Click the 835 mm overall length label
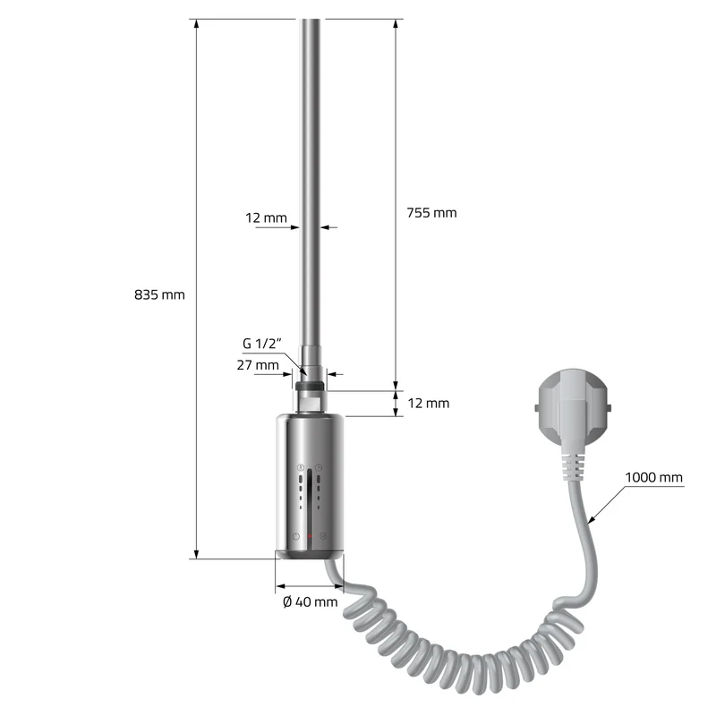point(159,295)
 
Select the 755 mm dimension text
point(431,213)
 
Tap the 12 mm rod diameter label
point(266,217)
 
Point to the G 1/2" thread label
point(261,344)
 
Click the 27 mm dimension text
point(258,365)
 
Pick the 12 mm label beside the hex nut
point(429,404)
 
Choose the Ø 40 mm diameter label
point(310,601)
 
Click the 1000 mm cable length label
point(653,478)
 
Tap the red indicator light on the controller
point(310,535)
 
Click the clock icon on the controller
point(319,467)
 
